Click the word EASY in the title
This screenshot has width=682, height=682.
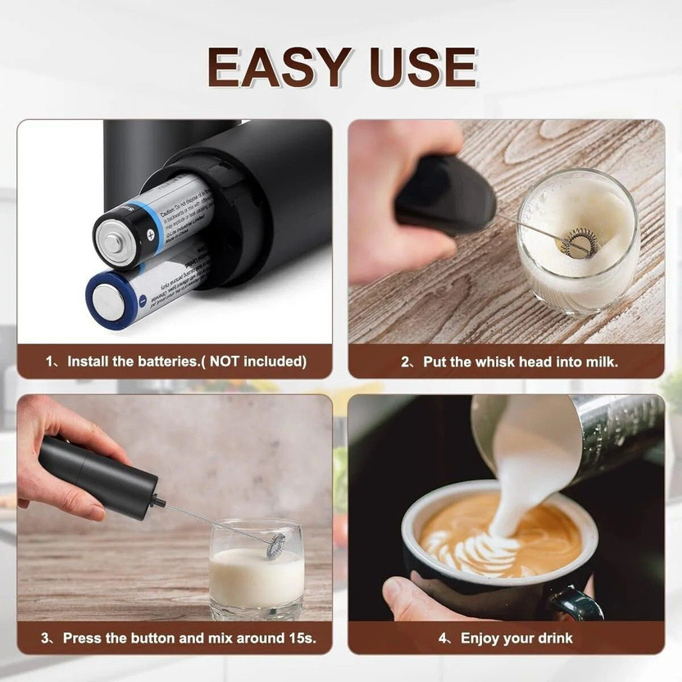pos(275,67)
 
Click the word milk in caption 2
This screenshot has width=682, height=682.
pos(602,361)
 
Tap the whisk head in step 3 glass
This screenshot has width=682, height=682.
pos(275,544)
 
